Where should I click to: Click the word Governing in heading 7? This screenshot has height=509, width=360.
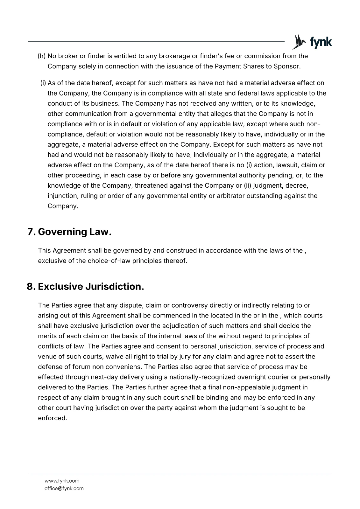(62, 232)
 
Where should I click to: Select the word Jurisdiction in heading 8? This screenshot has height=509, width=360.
(115, 287)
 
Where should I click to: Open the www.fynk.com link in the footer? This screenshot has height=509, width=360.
(62, 481)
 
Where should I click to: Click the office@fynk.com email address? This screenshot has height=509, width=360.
(64, 488)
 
